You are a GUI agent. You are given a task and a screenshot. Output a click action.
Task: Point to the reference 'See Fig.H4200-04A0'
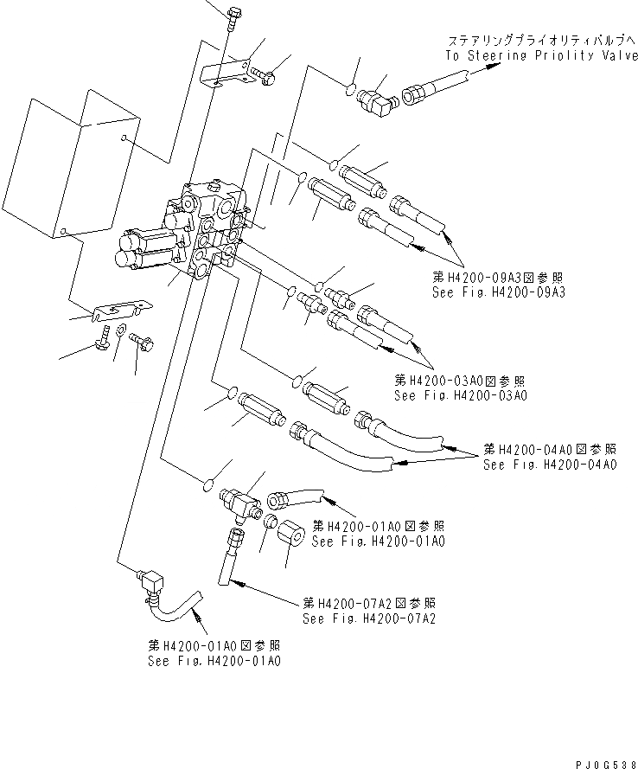tap(550, 465)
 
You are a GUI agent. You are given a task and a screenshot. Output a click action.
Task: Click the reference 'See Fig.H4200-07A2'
tap(368, 618)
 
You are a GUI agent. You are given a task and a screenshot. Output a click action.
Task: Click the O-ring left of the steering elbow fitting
tap(349, 87)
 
